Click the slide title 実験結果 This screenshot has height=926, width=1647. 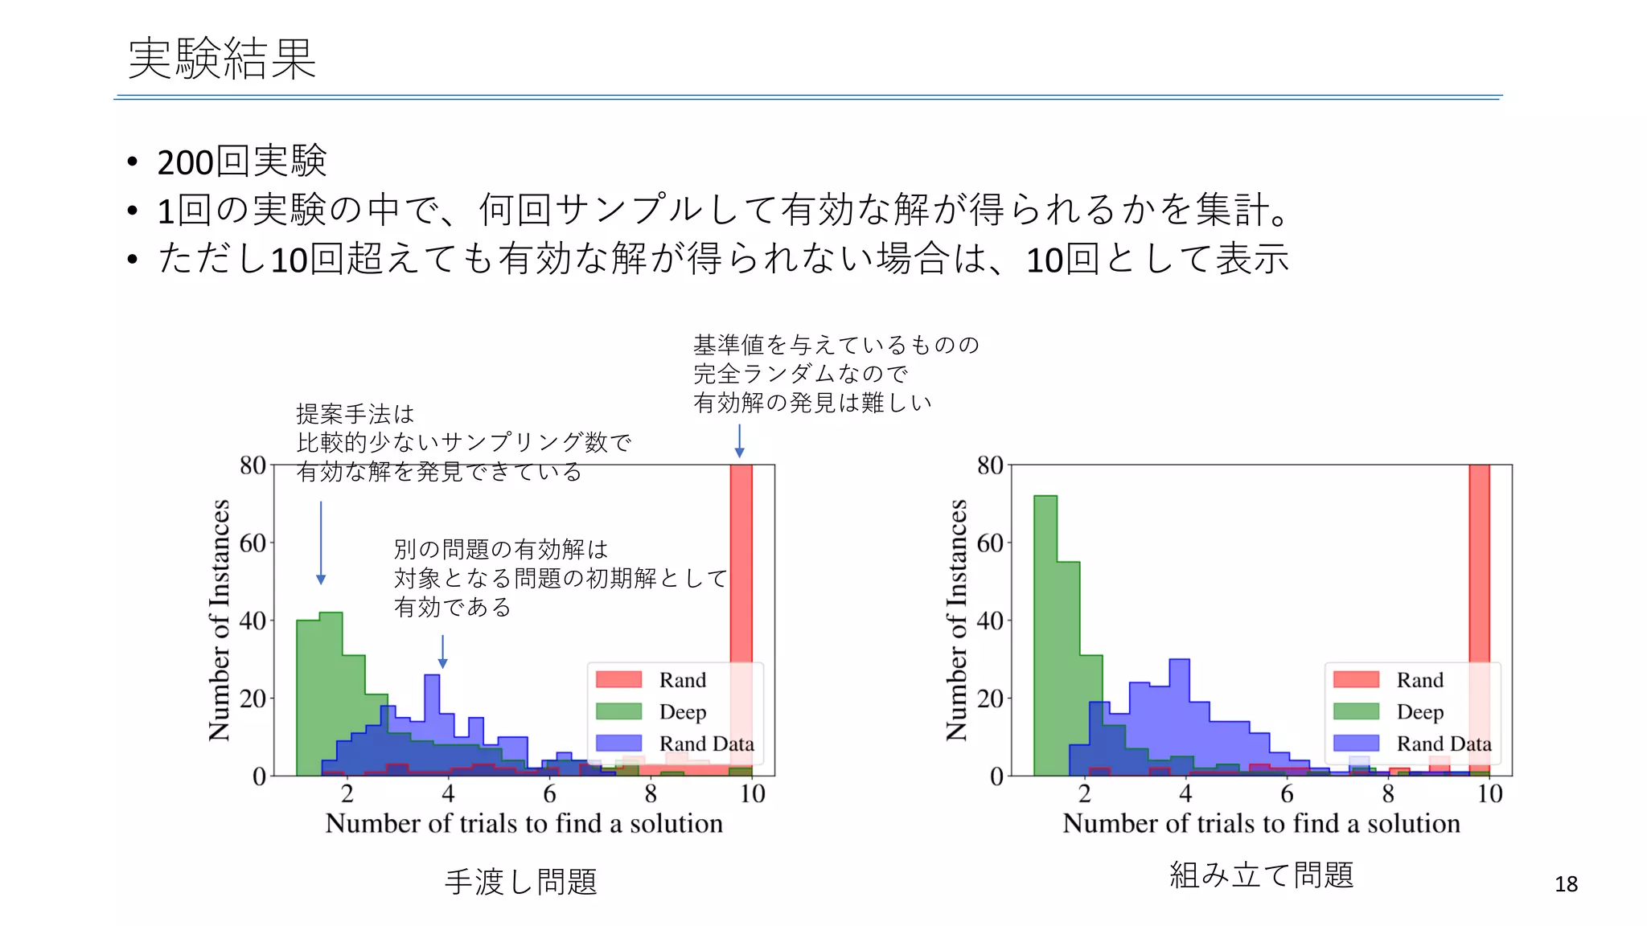click(x=222, y=59)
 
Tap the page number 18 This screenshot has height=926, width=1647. click(x=1565, y=884)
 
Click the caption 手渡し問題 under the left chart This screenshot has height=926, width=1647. click(x=520, y=882)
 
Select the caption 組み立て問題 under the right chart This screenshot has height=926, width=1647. click(x=1260, y=875)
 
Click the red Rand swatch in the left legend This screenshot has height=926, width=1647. click(x=618, y=680)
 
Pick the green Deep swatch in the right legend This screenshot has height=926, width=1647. click(x=1356, y=711)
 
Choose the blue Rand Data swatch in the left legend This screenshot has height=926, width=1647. click(x=618, y=744)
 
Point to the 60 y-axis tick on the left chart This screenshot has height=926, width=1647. click(x=253, y=543)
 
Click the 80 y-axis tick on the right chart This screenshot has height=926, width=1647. click(x=990, y=465)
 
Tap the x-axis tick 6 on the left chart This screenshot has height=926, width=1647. click(x=549, y=794)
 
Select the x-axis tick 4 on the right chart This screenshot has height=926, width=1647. click(x=1185, y=794)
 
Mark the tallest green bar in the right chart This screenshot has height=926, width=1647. click(x=1045, y=635)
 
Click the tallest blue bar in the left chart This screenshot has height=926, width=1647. click(x=432, y=723)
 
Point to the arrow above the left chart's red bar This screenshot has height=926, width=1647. click(x=739, y=440)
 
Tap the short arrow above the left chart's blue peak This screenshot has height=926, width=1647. click(x=442, y=651)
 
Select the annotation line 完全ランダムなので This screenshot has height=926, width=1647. click(x=800, y=374)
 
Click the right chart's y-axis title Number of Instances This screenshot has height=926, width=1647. click(x=956, y=619)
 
